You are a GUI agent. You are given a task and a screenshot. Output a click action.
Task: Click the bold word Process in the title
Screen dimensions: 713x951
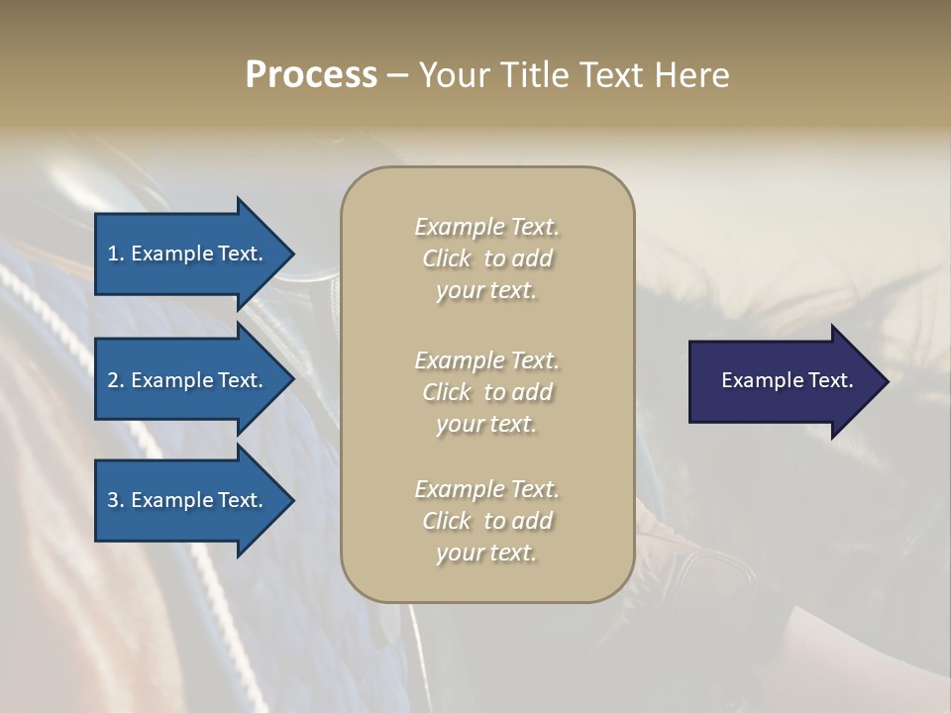tap(311, 75)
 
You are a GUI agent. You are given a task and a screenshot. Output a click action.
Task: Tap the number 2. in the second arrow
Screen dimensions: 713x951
tap(116, 380)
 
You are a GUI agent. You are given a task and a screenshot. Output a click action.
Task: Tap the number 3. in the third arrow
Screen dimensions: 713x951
tap(116, 500)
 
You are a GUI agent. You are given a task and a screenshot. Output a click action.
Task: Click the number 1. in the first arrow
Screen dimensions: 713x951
tap(116, 254)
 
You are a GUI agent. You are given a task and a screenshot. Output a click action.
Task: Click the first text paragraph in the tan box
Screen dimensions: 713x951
tap(486, 258)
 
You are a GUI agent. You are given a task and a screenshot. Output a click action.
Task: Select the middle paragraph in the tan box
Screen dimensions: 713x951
tap(486, 391)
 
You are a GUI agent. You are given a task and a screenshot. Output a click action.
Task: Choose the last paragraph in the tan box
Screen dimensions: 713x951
tap(486, 521)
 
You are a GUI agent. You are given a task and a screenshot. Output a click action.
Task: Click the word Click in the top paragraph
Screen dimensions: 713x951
tap(446, 258)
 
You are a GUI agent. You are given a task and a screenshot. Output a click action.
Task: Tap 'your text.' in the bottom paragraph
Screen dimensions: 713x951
tap(486, 553)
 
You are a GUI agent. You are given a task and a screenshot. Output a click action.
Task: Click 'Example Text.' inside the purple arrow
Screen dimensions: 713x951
tap(787, 380)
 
